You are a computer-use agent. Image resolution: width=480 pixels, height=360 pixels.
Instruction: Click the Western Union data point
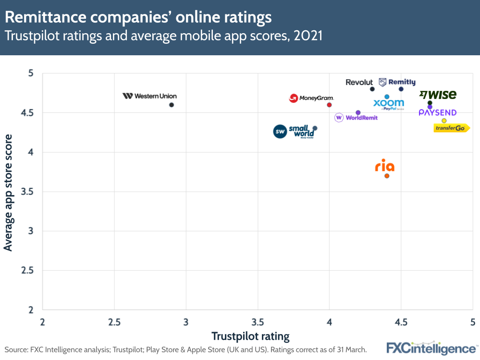point(172,105)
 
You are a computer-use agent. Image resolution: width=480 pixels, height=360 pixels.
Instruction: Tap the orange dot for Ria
point(387,175)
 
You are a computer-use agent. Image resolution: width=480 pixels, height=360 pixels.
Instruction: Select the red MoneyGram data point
point(329,105)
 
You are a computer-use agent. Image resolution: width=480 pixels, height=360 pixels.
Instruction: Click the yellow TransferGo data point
point(444,121)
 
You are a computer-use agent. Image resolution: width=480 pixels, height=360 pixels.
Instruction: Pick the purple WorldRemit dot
point(358,112)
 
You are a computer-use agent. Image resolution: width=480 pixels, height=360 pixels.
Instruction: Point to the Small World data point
point(315,128)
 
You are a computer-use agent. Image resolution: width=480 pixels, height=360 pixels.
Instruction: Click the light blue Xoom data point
point(387,97)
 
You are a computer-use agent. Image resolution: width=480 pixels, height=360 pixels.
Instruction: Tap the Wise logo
point(438,95)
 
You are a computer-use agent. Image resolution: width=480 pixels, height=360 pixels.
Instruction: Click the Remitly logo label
point(397,82)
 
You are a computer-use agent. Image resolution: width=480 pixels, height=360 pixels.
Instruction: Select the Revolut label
point(359,82)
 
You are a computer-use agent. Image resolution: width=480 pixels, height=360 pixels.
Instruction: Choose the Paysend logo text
point(437,113)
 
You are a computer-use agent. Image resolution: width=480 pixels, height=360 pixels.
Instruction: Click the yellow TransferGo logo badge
point(451,128)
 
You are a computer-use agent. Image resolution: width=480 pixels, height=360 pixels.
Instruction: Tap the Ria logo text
point(384,166)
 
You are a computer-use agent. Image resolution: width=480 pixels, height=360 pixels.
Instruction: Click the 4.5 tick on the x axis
point(401,321)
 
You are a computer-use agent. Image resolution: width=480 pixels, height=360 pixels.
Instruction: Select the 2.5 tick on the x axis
point(114,321)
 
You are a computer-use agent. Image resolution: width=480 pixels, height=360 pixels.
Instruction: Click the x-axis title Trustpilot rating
point(250,336)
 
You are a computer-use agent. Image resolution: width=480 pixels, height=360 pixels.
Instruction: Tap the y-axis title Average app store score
point(8,192)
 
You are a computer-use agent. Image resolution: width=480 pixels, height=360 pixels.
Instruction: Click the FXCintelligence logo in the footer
point(431,348)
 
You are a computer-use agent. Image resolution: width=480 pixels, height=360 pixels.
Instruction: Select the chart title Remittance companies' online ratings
point(138,18)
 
